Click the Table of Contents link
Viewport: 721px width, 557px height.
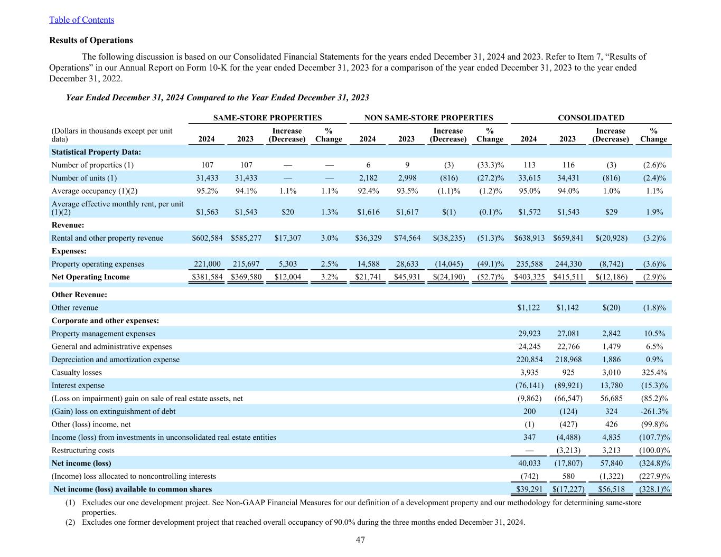tap(81, 20)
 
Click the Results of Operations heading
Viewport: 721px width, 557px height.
tap(91, 40)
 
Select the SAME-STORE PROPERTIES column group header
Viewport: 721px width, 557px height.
tap(267, 118)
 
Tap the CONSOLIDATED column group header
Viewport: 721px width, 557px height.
tap(591, 118)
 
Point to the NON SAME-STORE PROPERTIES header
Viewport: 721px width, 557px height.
tap(429, 118)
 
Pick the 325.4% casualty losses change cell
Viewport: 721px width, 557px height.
tap(653, 373)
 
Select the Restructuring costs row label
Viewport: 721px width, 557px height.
tap(83, 450)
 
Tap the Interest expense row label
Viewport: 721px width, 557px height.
tap(78, 386)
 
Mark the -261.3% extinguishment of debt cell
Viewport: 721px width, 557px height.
tap(654, 411)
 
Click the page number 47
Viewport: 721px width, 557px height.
tap(360, 540)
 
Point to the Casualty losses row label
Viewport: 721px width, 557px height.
tap(77, 373)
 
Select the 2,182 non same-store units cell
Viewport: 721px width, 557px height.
tap(368, 178)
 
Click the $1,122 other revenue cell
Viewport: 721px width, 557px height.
tap(529, 308)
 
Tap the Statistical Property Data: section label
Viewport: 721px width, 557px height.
tap(96, 152)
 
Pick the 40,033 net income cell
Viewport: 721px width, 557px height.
tap(529, 464)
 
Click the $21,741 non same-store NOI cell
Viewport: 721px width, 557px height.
tap(368, 277)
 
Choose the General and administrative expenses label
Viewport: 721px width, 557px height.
tap(111, 347)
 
